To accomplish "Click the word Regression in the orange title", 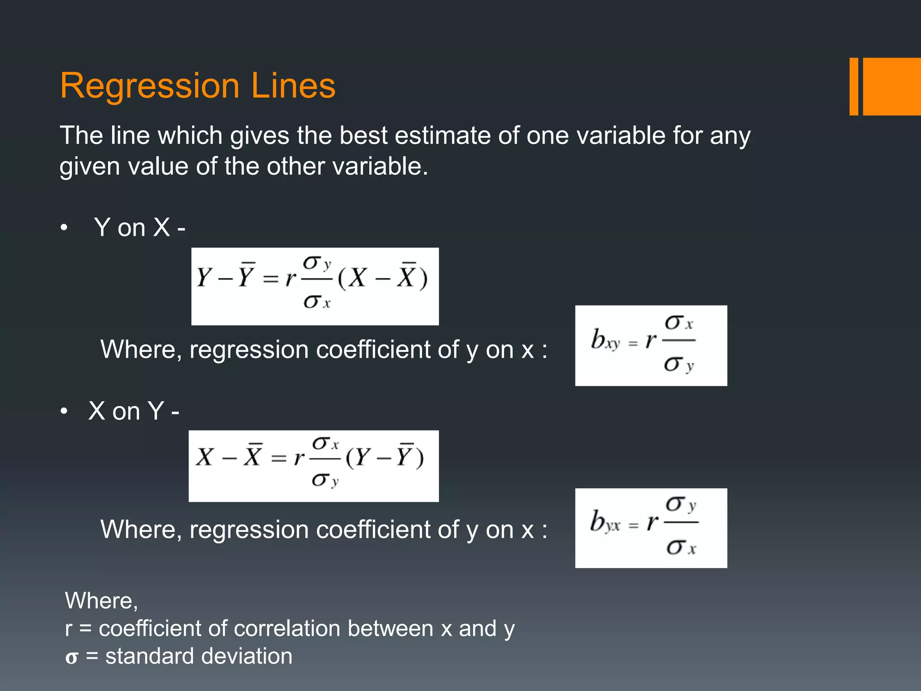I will point(149,86).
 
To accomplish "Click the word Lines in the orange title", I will point(293,85).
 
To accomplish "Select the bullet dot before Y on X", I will point(64,228).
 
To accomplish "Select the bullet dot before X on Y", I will point(64,411).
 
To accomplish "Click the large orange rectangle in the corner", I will point(891,86).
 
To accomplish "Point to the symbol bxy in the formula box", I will point(605,340).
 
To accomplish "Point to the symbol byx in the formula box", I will point(605,522).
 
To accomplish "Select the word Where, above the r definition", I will point(101,601).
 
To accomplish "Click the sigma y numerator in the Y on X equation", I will point(317,263).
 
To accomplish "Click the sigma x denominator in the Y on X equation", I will point(317,302).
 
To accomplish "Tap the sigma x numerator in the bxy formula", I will point(679,323).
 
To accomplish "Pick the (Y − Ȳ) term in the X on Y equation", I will point(385,457).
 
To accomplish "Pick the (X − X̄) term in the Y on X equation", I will point(383,278).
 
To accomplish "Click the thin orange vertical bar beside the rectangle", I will point(854,86).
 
